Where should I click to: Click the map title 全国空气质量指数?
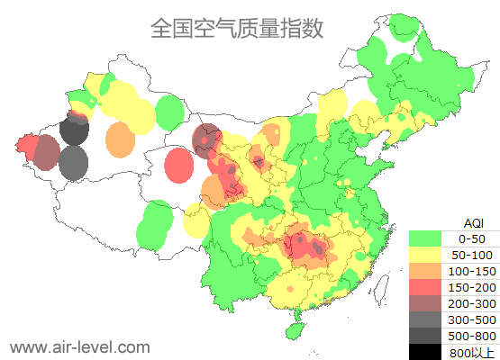pyautogui.click(x=236, y=28)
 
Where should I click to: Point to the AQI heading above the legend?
pyautogui.click(x=473, y=222)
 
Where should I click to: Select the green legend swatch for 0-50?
pyautogui.click(x=425, y=238)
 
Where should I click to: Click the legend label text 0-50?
pyautogui.click(x=471, y=238)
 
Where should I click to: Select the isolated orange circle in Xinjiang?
pyautogui.click(x=120, y=139)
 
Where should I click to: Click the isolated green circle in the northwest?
pyautogui.click(x=168, y=112)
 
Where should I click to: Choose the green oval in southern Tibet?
pyautogui.click(x=156, y=224)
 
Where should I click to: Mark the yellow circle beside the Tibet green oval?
pyautogui.click(x=196, y=220)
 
